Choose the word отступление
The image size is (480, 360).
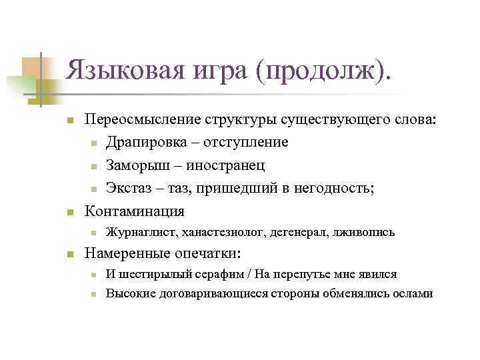(x=247, y=142)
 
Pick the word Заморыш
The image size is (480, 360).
(x=138, y=165)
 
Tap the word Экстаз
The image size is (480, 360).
(x=131, y=188)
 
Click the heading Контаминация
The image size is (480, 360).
(x=134, y=211)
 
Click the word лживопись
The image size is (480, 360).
(x=363, y=233)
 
